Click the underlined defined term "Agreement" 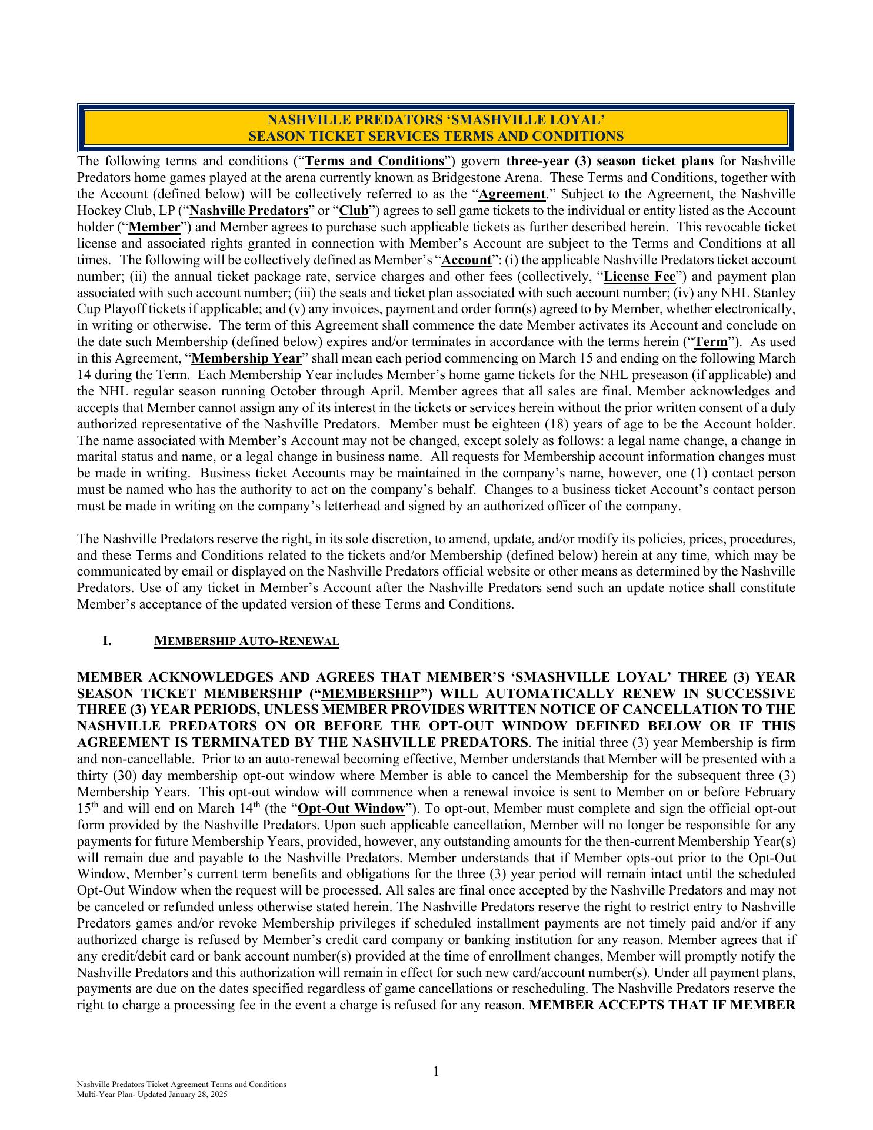pyautogui.click(x=512, y=194)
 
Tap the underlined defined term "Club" pyautogui.click(x=354, y=211)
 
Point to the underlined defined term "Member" pyautogui.click(x=154, y=227)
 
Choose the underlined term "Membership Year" pyautogui.click(x=246, y=358)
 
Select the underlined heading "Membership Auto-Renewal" pyautogui.click(x=246, y=641)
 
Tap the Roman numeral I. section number pyautogui.click(x=107, y=641)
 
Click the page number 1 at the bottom pyautogui.click(x=436, y=1072)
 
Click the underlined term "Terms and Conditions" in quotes pyautogui.click(x=375, y=161)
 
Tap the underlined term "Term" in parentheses pyautogui.click(x=711, y=342)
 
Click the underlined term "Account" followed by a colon pyautogui.click(x=467, y=260)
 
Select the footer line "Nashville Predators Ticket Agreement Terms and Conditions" pyautogui.click(x=182, y=1085)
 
